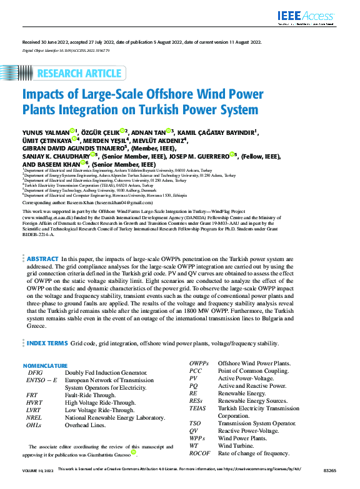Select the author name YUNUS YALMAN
click(46, 132)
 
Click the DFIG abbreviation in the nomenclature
click(35, 372)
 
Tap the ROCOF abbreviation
click(200, 453)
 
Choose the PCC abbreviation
click(195, 370)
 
